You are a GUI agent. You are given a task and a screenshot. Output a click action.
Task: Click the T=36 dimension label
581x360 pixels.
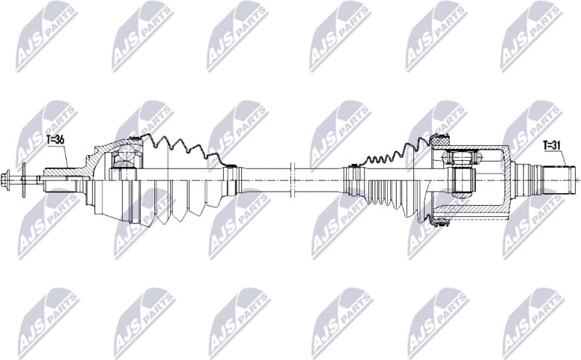pyautogui.click(x=56, y=138)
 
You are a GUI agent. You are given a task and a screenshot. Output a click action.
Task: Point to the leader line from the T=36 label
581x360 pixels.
pyautogui.click(x=65, y=156)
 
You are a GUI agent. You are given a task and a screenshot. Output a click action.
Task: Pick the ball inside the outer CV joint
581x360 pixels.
pyautogui.click(x=127, y=158)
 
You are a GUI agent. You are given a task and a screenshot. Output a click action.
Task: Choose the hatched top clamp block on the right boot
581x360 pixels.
pyautogui.click(x=439, y=138)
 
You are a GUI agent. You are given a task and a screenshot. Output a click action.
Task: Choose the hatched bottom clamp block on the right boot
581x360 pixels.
pyautogui.click(x=440, y=220)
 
